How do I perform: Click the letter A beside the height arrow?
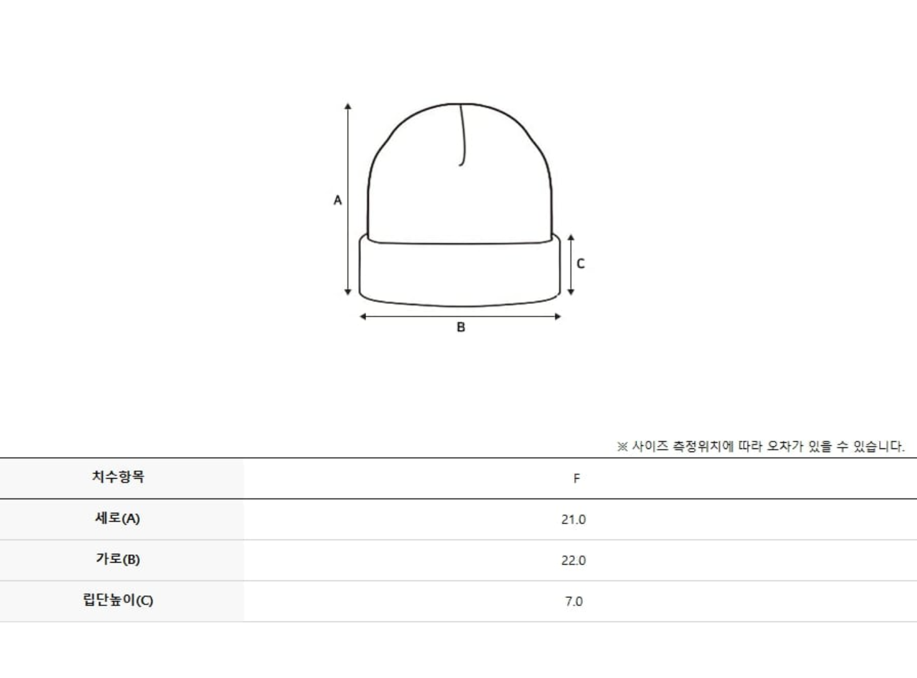click(x=338, y=201)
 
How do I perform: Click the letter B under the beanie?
click(x=461, y=327)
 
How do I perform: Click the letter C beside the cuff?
click(x=580, y=264)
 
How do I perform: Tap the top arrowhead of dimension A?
click(x=348, y=106)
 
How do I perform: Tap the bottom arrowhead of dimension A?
click(x=348, y=292)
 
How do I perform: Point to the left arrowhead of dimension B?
click(x=363, y=317)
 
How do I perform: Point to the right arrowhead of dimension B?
click(x=558, y=317)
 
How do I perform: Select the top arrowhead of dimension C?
click(x=571, y=238)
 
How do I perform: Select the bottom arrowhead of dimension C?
click(x=571, y=292)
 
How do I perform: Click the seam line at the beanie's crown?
click(x=463, y=134)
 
